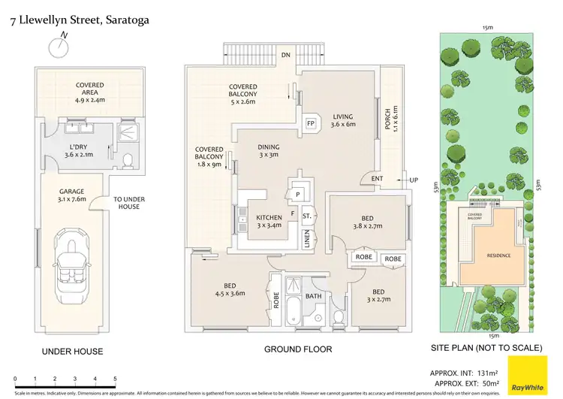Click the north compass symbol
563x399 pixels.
[56, 47]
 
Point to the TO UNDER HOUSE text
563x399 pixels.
[129, 204]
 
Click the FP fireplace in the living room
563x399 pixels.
[310, 122]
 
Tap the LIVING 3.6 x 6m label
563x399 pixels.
[343, 122]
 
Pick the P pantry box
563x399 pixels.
[298, 193]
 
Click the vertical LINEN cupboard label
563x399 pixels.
[307, 240]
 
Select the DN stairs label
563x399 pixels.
[285, 55]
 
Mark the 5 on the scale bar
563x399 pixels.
[115, 378]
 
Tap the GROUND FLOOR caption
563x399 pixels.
[298, 349]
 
